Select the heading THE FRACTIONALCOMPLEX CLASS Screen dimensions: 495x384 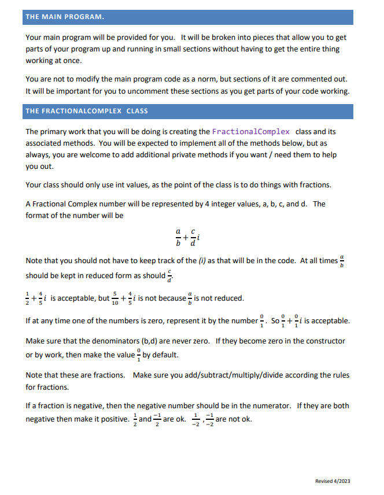(86, 110)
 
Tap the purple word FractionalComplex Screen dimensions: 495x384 (250, 131)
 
